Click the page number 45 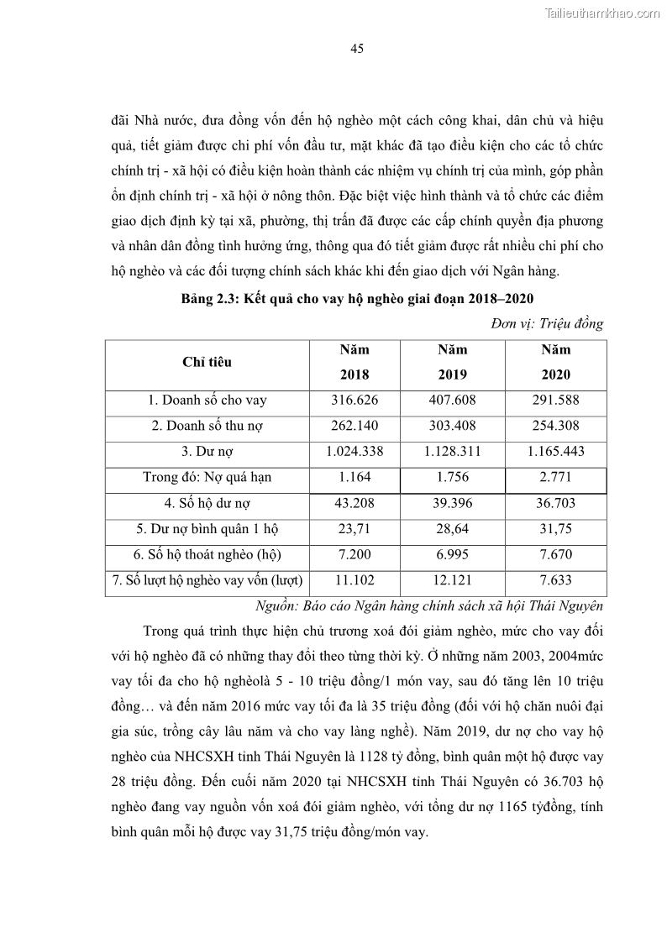coord(356,49)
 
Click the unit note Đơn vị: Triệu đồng coord(546,324)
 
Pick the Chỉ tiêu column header coord(207,362)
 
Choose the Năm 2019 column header coord(452,362)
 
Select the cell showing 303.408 coord(452,426)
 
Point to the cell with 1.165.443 coord(555,452)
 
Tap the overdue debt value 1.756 coord(452,478)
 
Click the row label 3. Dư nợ coord(207,452)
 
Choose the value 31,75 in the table coord(555,530)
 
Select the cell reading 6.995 coord(452,555)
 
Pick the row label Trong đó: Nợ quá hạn coord(207,478)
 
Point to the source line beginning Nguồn coord(428,606)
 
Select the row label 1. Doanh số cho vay coord(207,401)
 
